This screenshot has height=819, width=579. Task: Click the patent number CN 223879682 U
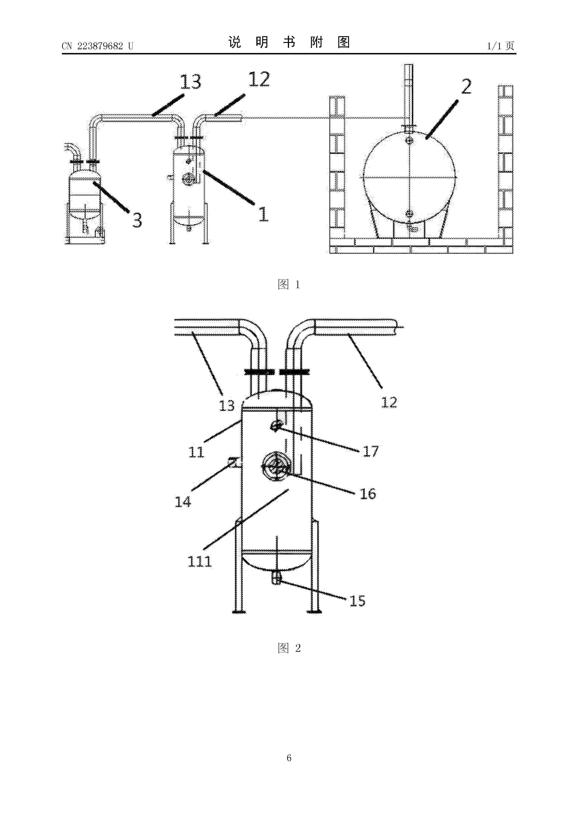pos(97,46)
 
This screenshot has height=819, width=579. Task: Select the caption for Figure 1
pos(289,284)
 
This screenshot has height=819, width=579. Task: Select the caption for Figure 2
pos(289,648)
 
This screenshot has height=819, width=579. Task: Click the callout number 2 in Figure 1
pos(466,87)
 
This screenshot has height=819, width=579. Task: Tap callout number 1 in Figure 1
pos(263,214)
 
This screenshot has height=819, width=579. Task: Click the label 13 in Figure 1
pos(191,82)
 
